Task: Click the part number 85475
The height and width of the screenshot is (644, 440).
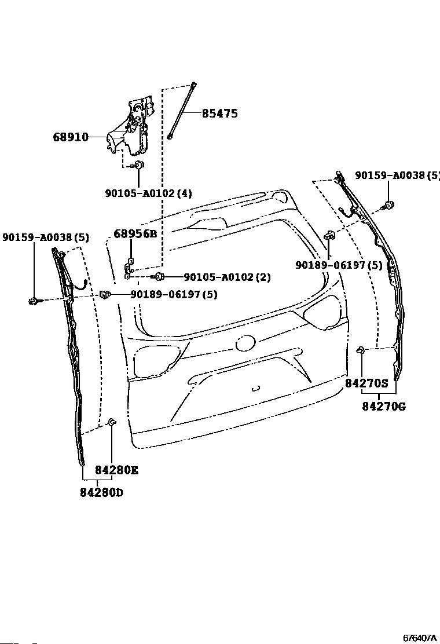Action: (219, 114)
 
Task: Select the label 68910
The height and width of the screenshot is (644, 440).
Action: (71, 137)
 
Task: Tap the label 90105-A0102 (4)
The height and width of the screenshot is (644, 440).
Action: (149, 193)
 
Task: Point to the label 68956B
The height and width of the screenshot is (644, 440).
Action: (135, 234)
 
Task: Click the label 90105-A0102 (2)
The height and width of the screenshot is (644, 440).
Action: (228, 277)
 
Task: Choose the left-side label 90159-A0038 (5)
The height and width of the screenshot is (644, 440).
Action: (46, 237)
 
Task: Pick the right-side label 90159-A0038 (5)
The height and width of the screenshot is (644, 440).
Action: (397, 175)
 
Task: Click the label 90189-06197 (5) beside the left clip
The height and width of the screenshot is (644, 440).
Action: (174, 294)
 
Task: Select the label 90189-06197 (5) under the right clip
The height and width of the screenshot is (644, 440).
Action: (339, 265)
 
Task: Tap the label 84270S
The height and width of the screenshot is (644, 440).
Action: (366, 383)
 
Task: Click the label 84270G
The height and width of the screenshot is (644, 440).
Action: (384, 407)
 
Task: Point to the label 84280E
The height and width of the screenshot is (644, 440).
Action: (116, 470)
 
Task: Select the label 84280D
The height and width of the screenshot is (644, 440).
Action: (101, 492)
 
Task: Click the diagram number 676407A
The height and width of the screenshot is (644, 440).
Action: (420, 638)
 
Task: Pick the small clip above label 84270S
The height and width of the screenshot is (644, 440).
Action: (361, 350)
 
